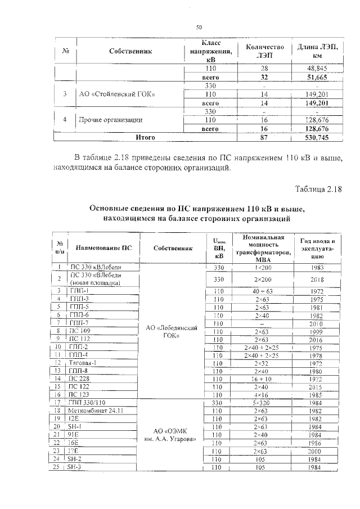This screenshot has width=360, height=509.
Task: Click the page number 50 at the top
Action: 199,27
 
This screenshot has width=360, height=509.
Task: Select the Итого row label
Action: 146,137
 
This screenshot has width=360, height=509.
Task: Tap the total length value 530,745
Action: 317,137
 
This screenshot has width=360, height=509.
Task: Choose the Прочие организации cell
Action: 110,120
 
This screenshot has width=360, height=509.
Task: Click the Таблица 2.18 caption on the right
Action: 318,188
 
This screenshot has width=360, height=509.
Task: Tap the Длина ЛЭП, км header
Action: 317,52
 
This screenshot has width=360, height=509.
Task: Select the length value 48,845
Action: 317,68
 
